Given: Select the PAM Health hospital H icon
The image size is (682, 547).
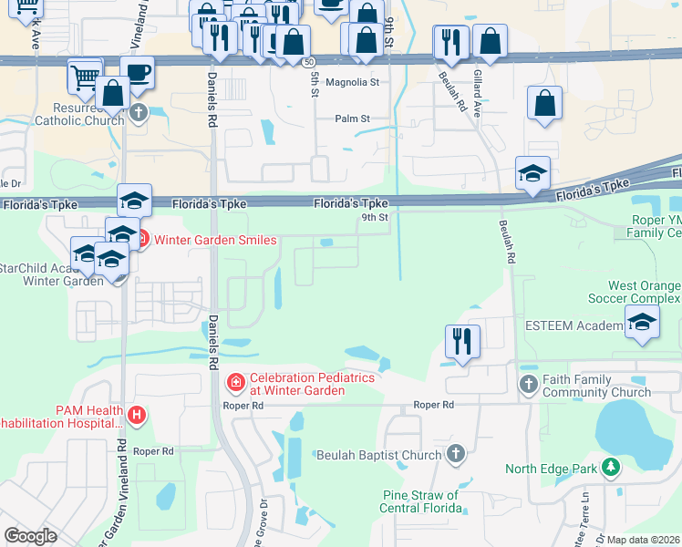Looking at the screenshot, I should click(x=137, y=417).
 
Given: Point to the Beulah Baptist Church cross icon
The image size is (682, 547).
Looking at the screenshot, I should click(x=456, y=453).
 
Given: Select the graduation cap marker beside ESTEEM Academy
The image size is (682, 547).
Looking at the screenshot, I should click(x=642, y=322).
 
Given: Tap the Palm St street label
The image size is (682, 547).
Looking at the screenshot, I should click(x=352, y=119).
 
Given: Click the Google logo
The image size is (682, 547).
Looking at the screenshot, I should click(x=29, y=536).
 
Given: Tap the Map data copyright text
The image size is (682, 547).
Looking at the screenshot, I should click(x=642, y=540).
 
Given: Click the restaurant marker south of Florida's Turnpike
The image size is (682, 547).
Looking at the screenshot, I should click(x=462, y=342).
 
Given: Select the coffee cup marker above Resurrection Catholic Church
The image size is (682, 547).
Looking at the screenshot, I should click(x=137, y=73).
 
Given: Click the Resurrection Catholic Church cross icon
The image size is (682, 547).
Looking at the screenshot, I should click(x=138, y=113).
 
